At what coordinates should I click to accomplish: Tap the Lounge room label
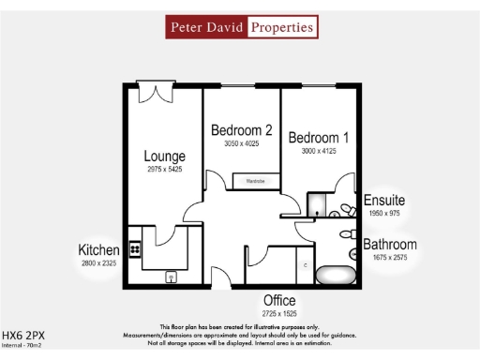(x=164, y=157)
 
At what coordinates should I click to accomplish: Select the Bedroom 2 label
(x=241, y=130)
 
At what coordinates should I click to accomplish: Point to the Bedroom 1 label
(x=319, y=138)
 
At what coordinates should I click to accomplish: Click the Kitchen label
(x=99, y=250)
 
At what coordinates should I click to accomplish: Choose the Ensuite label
(x=384, y=201)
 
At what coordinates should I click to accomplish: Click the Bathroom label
(x=390, y=245)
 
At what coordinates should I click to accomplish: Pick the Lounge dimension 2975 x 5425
(x=164, y=171)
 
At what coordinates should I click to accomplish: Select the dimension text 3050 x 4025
(x=241, y=144)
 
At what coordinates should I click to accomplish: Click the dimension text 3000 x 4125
(x=319, y=151)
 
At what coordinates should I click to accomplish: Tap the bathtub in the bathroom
(x=335, y=276)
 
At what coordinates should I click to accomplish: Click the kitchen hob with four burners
(x=135, y=248)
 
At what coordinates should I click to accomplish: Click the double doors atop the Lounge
(x=154, y=92)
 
